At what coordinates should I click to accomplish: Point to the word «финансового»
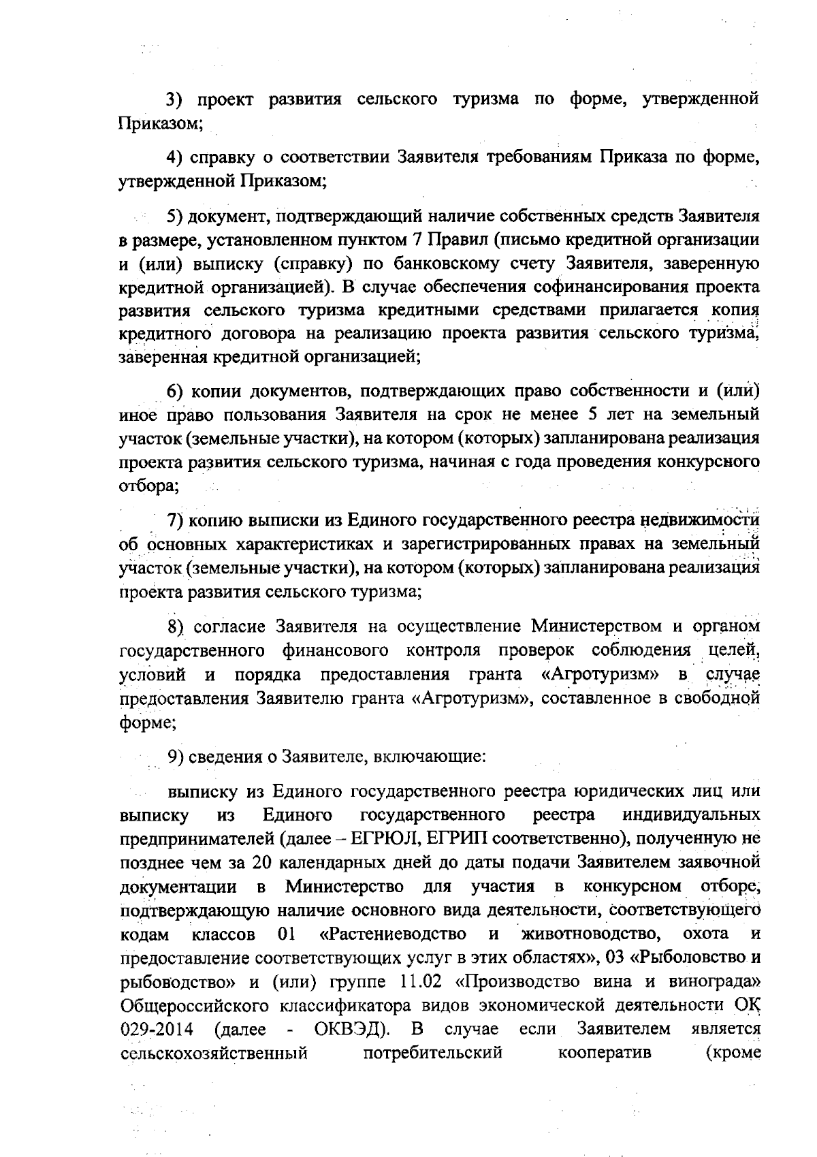coord(335,650)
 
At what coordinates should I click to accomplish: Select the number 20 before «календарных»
coord(263,861)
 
